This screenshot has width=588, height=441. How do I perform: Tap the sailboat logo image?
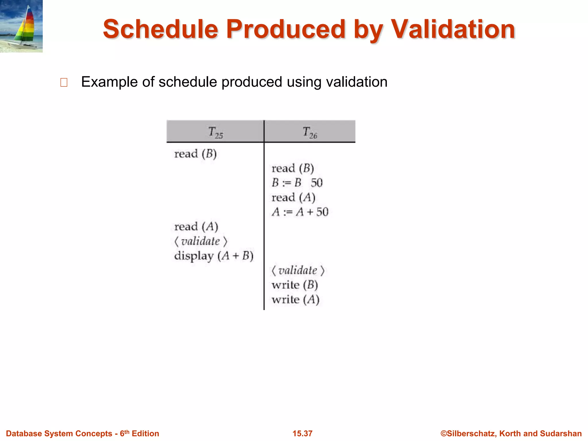[x=21, y=26]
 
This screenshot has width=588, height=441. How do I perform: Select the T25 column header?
[x=215, y=132]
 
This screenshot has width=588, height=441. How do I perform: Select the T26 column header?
[x=310, y=132]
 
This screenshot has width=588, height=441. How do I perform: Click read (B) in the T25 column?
[x=195, y=154]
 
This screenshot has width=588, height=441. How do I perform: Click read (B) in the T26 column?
[x=293, y=168]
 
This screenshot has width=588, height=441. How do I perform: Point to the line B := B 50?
[x=297, y=183]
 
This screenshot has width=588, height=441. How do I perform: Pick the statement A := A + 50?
[x=300, y=212]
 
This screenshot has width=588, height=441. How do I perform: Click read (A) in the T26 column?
[x=293, y=198]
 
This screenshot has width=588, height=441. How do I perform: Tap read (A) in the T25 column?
[x=196, y=227]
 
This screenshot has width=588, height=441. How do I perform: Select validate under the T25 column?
[x=200, y=241]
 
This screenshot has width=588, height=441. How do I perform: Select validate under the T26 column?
[x=298, y=270]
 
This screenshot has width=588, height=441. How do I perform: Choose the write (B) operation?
[x=295, y=285]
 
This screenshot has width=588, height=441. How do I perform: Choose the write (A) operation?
[x=295, y=300]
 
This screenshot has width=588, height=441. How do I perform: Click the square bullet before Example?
[x=64, y=83]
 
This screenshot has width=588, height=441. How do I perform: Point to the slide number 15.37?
[x=302, y=434]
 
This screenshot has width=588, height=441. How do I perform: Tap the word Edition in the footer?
[x=145, y=434]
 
